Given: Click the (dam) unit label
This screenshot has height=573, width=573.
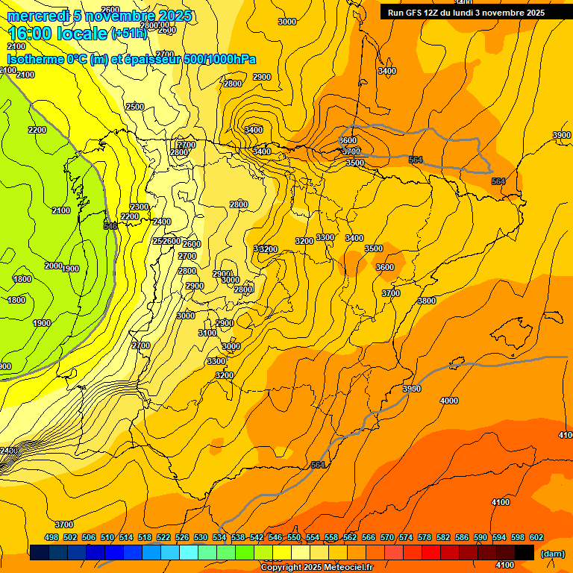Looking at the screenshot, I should (x=552, y=554).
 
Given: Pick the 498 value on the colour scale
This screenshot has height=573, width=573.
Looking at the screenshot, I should (x=51, y=537).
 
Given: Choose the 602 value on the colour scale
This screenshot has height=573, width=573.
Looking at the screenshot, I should (x=536, y=537).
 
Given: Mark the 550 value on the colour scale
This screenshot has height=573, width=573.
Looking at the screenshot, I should (x=294, y=537).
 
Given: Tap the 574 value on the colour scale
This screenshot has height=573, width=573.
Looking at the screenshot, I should (x=406, y=537).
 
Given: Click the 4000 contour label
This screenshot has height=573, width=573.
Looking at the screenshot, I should (x=449, y=401).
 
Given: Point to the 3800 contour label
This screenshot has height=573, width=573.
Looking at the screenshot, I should (x=426, y=301).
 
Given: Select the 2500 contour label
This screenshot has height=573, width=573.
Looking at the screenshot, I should (x=135, y=107).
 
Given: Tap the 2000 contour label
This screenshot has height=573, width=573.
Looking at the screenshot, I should (x=53, y=266).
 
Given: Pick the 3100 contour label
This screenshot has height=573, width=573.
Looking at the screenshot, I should (x=207, y=333).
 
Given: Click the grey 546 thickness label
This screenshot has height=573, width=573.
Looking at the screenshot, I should (x=110, y=225).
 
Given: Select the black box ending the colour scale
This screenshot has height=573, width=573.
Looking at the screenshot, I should (x=525, y=553).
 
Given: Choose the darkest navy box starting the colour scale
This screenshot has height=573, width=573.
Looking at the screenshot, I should (x=39, y=553).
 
